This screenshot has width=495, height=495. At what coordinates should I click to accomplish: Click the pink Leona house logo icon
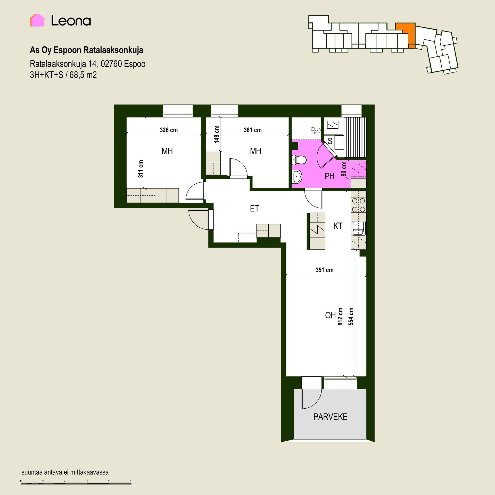pos(37,20)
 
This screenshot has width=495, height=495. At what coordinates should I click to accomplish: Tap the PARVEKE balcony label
pos(330,417)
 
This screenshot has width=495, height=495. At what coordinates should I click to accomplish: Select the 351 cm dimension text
pos(324,270)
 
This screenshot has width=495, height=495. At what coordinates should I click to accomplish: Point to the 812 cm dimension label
pos(340,316)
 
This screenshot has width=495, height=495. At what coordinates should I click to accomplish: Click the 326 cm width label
pos(169,130)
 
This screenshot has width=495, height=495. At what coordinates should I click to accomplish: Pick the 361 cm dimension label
pos(253,130)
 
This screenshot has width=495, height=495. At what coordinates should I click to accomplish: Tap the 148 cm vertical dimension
pos(217,134)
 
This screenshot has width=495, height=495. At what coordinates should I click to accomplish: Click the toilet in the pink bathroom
pos(299,160)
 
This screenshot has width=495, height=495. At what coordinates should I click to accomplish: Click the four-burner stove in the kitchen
pos(359,205)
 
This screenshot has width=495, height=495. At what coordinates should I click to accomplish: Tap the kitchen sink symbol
pos(359,228)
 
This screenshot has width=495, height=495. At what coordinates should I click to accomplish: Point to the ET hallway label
pos(254,208)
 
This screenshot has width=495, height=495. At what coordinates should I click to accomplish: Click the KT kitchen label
pos(338,226)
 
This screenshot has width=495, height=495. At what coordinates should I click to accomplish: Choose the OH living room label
pos(330,315)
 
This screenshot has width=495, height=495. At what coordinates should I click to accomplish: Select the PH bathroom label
pos(329,176)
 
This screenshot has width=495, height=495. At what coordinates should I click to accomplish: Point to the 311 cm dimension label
pos(141,169)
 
